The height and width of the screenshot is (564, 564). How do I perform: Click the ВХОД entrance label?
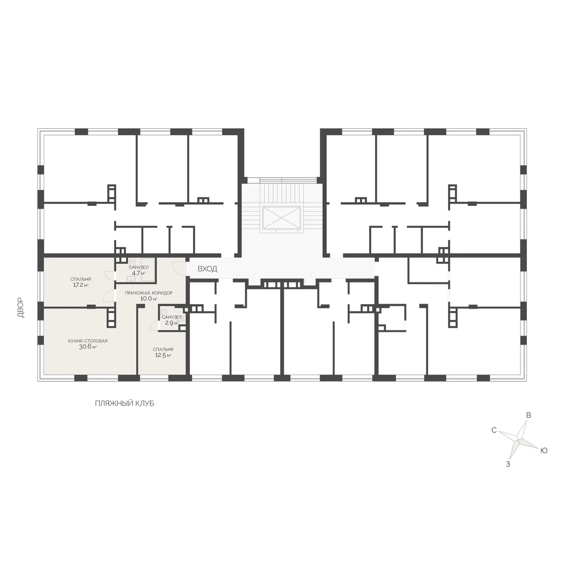point(207,269)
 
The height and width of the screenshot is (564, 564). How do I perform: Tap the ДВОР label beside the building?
point(21,307)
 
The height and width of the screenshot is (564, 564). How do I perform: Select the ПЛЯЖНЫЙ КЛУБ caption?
point(125,403)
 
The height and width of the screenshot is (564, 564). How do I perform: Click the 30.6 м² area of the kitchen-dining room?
point(88,347)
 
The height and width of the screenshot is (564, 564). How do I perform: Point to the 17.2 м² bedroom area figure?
point(81,285)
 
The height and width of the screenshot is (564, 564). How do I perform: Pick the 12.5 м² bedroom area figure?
point(163,355)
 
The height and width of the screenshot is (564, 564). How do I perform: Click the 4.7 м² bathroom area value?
point(139,274)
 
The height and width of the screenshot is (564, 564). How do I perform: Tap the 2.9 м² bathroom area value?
point(172,323)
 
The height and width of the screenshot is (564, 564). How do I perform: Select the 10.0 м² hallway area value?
point(149,299)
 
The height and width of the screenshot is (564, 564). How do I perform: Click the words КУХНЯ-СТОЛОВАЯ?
point(88,341)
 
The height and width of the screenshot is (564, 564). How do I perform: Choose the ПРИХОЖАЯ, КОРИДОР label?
point(149,293)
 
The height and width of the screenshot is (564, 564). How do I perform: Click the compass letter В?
point(529,415)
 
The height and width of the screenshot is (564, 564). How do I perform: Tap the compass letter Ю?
point(543,451)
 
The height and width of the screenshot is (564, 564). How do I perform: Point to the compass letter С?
point(494,430)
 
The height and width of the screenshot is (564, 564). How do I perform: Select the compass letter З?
point(508,464)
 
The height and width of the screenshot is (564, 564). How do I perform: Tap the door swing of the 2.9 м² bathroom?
point(154,326)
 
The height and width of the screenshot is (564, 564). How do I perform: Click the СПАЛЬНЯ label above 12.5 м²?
point(163,350)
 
